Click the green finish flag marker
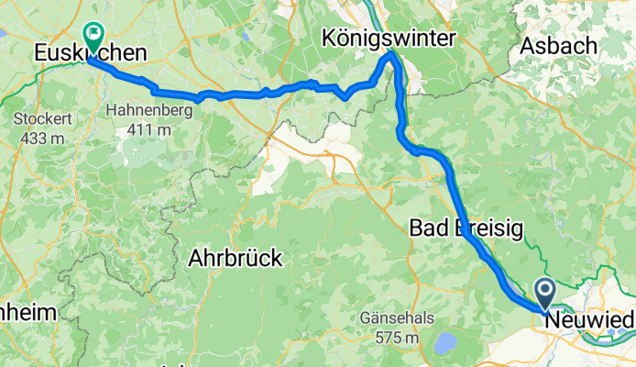click(x=93, y=35)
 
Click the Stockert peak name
click(x=38, y=120)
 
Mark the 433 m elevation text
click(x=38, y=138)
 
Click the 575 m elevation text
click(x=398, y=338)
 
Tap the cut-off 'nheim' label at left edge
click(x=27, y=313)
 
